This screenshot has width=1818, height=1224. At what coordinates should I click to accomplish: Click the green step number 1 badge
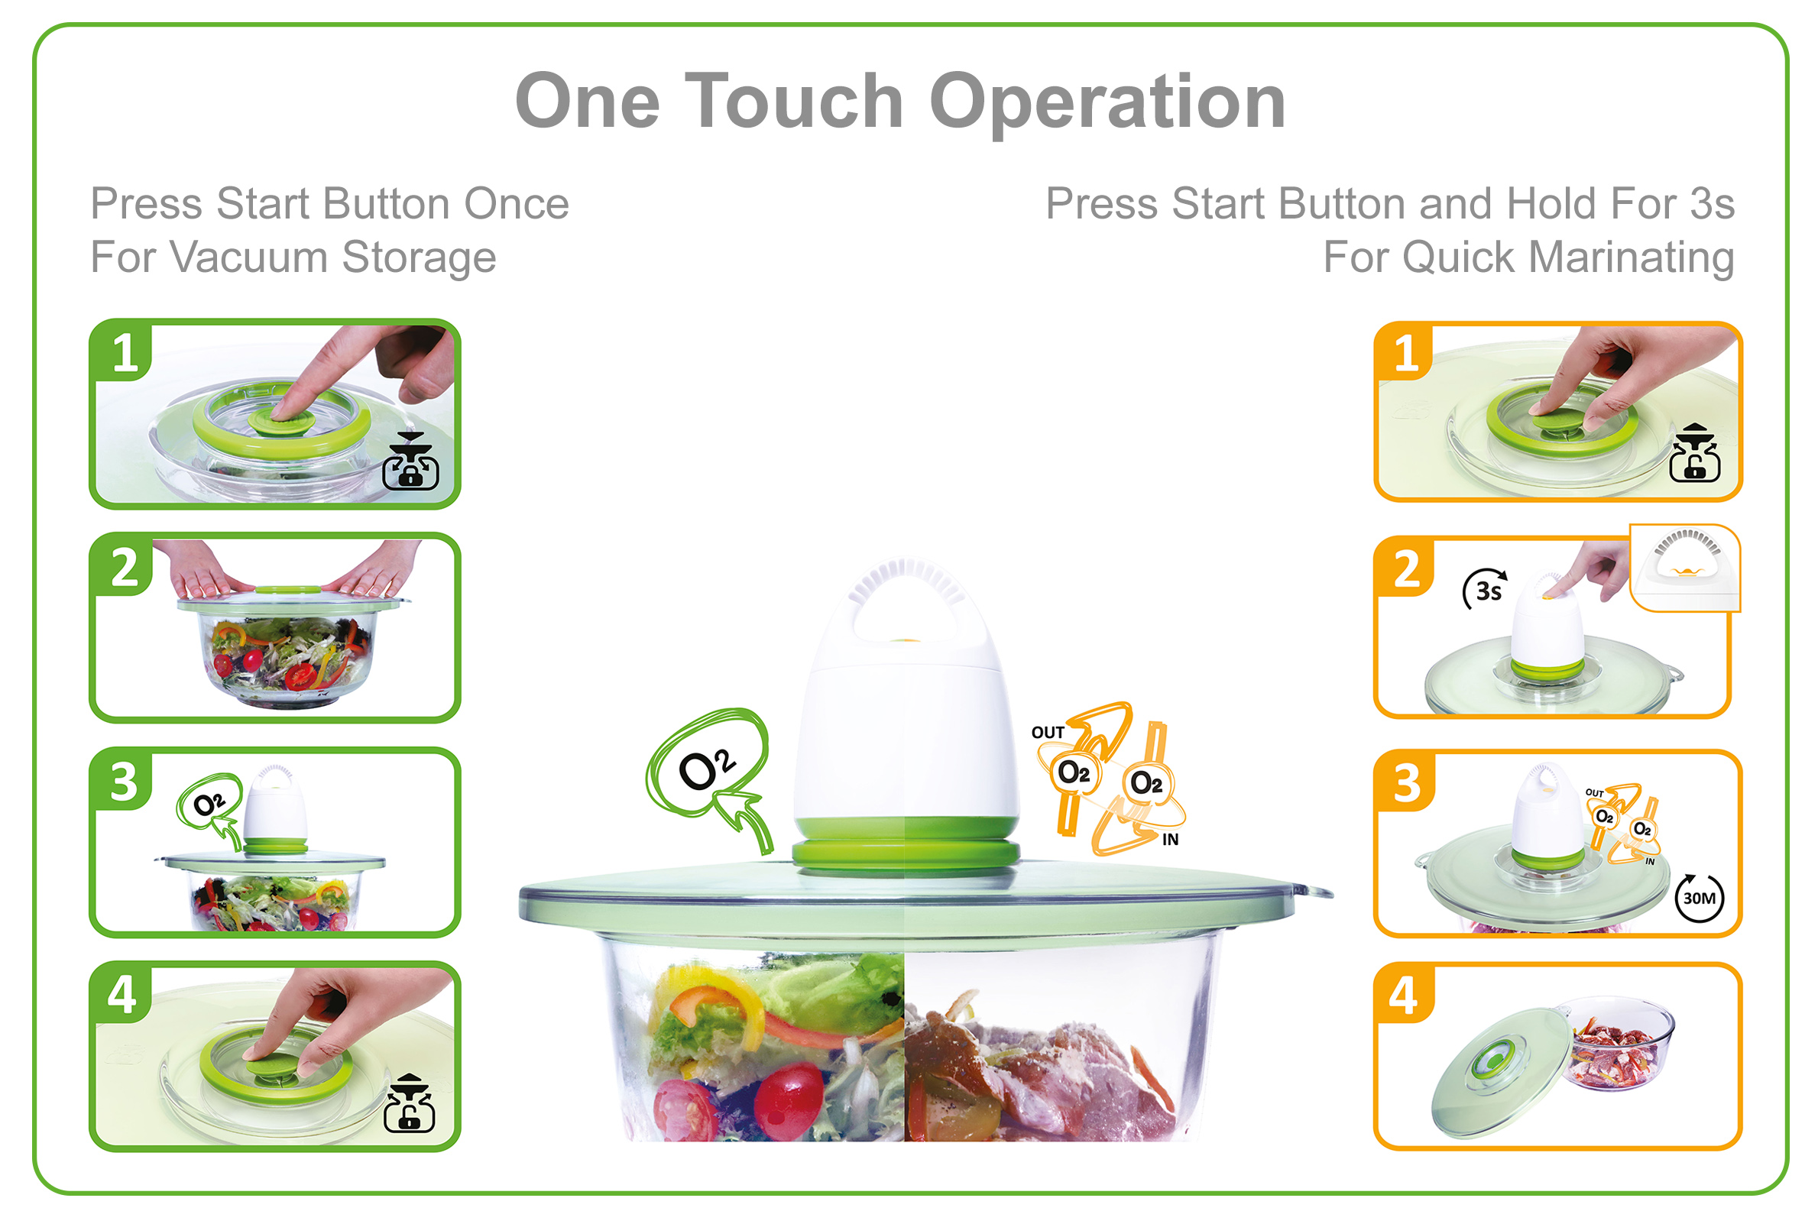pyautogui.click(x=122, y=351)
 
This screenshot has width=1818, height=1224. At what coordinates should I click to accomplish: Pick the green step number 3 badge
pyautogui.click(x=122, y=781)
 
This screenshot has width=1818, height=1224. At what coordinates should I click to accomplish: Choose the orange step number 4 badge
pyautogui.click(x=1406, y=995)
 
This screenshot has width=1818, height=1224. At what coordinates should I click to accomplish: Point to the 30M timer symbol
pyautogui.click(x=1699, y=898)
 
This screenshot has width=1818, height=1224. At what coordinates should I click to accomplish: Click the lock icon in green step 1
pyautogui.click(x=410, y=462)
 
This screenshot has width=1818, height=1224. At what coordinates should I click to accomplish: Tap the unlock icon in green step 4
pyautogui.click(x=409, y=1104)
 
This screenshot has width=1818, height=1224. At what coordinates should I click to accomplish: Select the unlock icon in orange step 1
pyautogui.click(x=1694, y=453)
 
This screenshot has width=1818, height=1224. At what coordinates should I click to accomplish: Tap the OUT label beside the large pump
pyautogui.click(x=1048, y=733)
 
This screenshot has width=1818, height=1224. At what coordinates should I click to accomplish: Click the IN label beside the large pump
pyautogui.click(x=1169, y=839)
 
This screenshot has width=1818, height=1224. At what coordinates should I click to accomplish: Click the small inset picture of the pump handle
pyautogui.click(x=1684, y=568)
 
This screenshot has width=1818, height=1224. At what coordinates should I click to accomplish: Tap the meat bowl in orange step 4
pyautogui.click(x=1619, y=1044)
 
